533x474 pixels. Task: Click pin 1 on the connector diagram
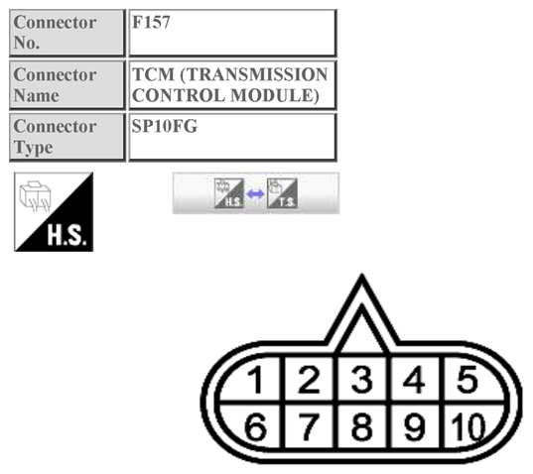pyautogui.click(x=255, y=379)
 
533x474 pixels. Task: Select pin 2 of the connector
pyautogui.click(x=309, y=379)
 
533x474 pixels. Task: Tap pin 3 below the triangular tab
pyautogui.click(x=361, y=379)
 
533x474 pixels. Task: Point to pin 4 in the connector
pyautogui.click(x=414, y=379)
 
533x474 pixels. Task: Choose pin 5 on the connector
pyautogui.click(x=467, y=379)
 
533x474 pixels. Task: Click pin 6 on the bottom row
pyautogui.click(x=255, y=426)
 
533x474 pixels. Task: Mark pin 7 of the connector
pyautogui.click(x=309, y=426)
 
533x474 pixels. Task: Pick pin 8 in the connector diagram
pyautogui.click(x=361, y=426)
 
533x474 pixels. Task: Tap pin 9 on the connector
pyautogui.click(x=414, y=426)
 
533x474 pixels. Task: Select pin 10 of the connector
pyautogui.click(x=467, y=426)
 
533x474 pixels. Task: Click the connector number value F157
pyautogui.click(x=151, y=22)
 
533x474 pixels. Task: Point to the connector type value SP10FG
pyautogui.click(x=164, y=126)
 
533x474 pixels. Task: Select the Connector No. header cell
pyautogui.click(x=67, y=33)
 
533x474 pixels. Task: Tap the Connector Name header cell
pyautogui.click(x=67, y=85)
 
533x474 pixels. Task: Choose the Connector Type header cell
pyautogui.click(x=67, y=137)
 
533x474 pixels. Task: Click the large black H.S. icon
pyautogui.click(x=54, y=212)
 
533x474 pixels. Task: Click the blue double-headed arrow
pyautogui.click(x=255, y=194)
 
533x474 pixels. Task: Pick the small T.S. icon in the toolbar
pyautogui.click(x=282, y=193)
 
